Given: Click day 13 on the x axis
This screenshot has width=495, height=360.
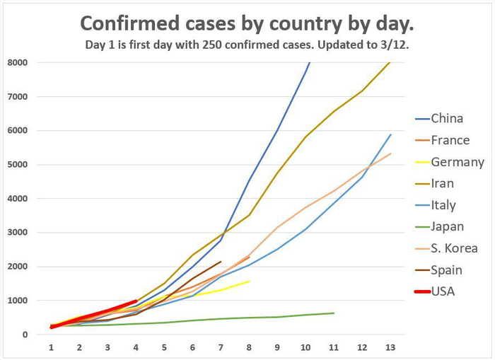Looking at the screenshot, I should point(390,347).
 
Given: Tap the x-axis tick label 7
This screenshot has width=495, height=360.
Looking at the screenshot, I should point(221,347).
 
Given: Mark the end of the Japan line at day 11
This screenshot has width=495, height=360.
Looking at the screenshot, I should point(334,313).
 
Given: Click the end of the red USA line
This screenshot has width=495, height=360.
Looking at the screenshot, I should point(136,301).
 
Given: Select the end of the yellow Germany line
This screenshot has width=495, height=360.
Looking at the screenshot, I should point(249,281).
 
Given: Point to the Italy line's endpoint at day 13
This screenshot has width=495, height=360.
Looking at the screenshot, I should point(390,134).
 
